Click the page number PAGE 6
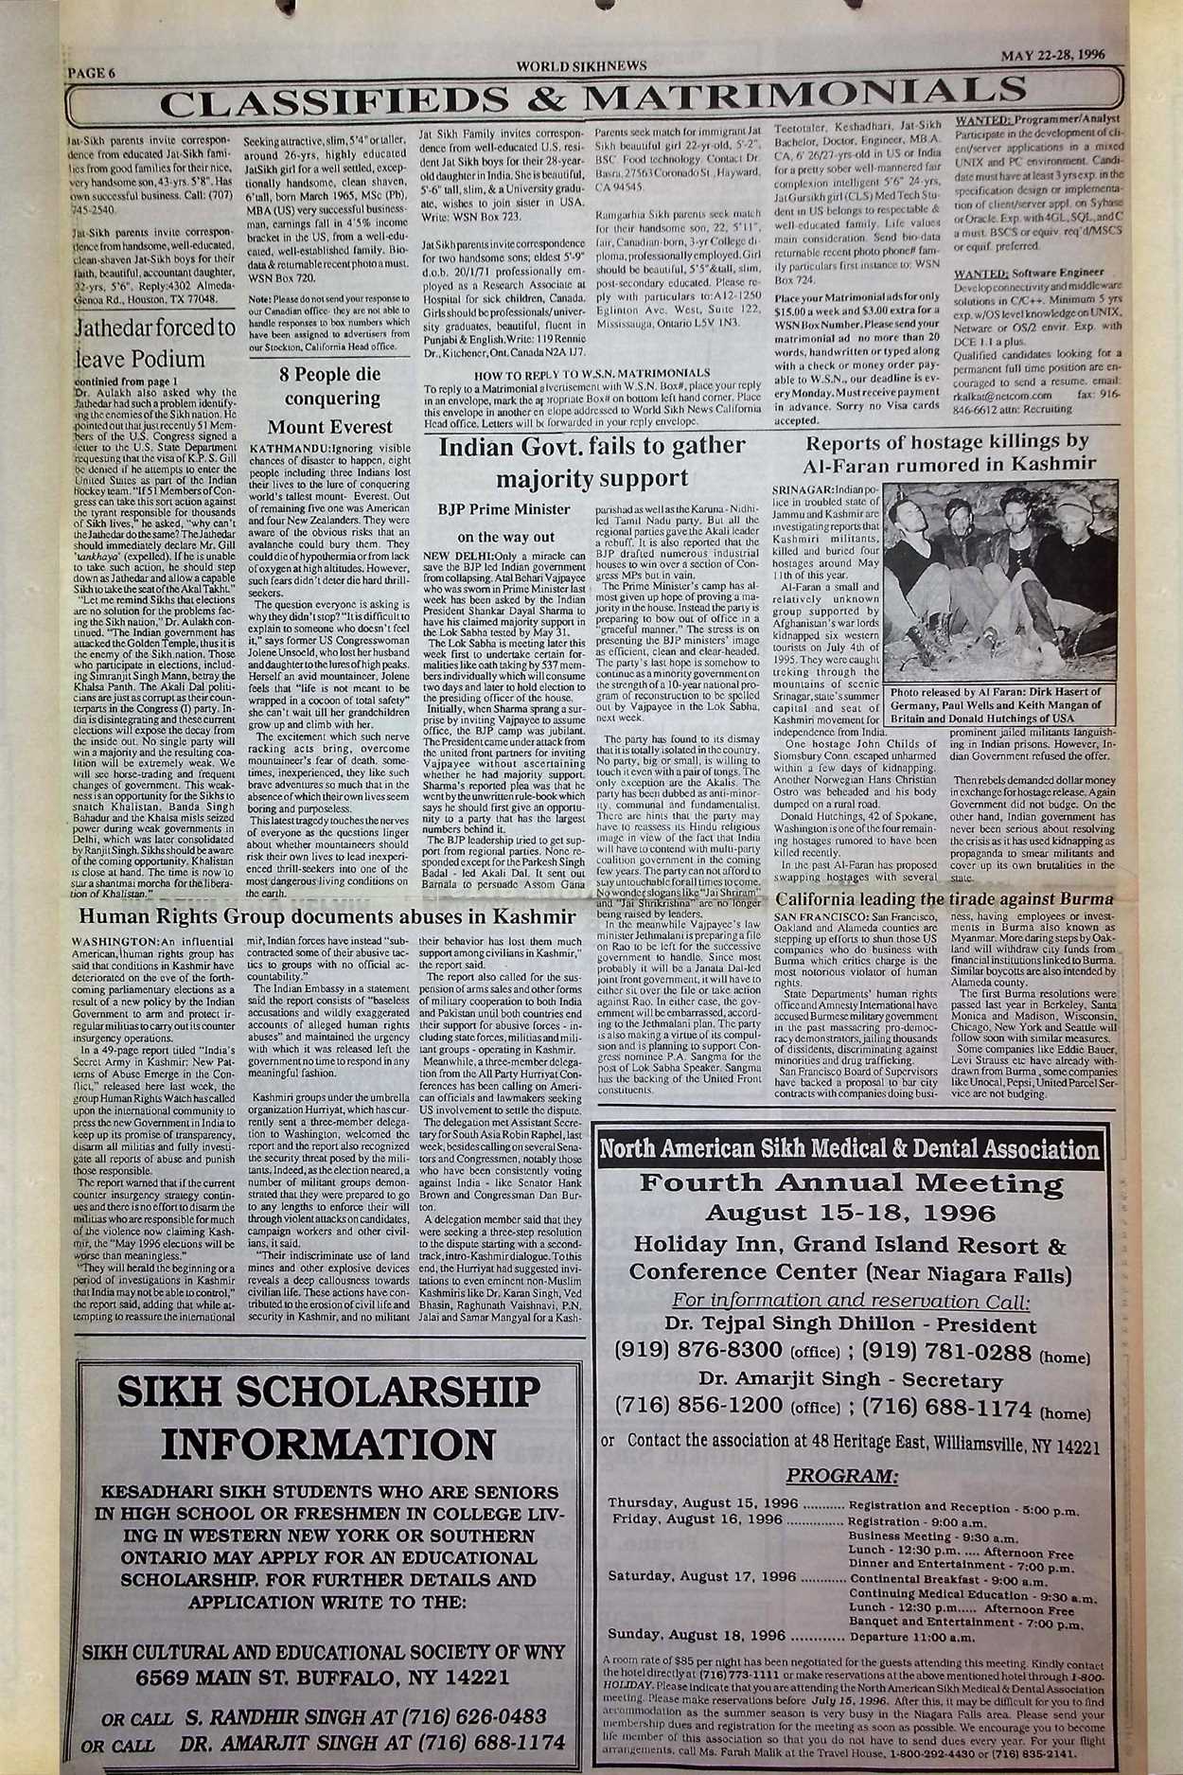click(x=92, y=72)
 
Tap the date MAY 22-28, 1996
click(x=1051, y=55)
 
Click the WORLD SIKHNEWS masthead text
click(x=581, y=66)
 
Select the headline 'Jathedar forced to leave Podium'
click(x=154, y=344)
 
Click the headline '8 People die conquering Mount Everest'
click(x=329, y=399)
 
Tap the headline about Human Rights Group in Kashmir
click(x=327, y=917)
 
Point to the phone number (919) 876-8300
click(x=697, y=1350)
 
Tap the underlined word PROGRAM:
click(x=841, y=1476)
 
